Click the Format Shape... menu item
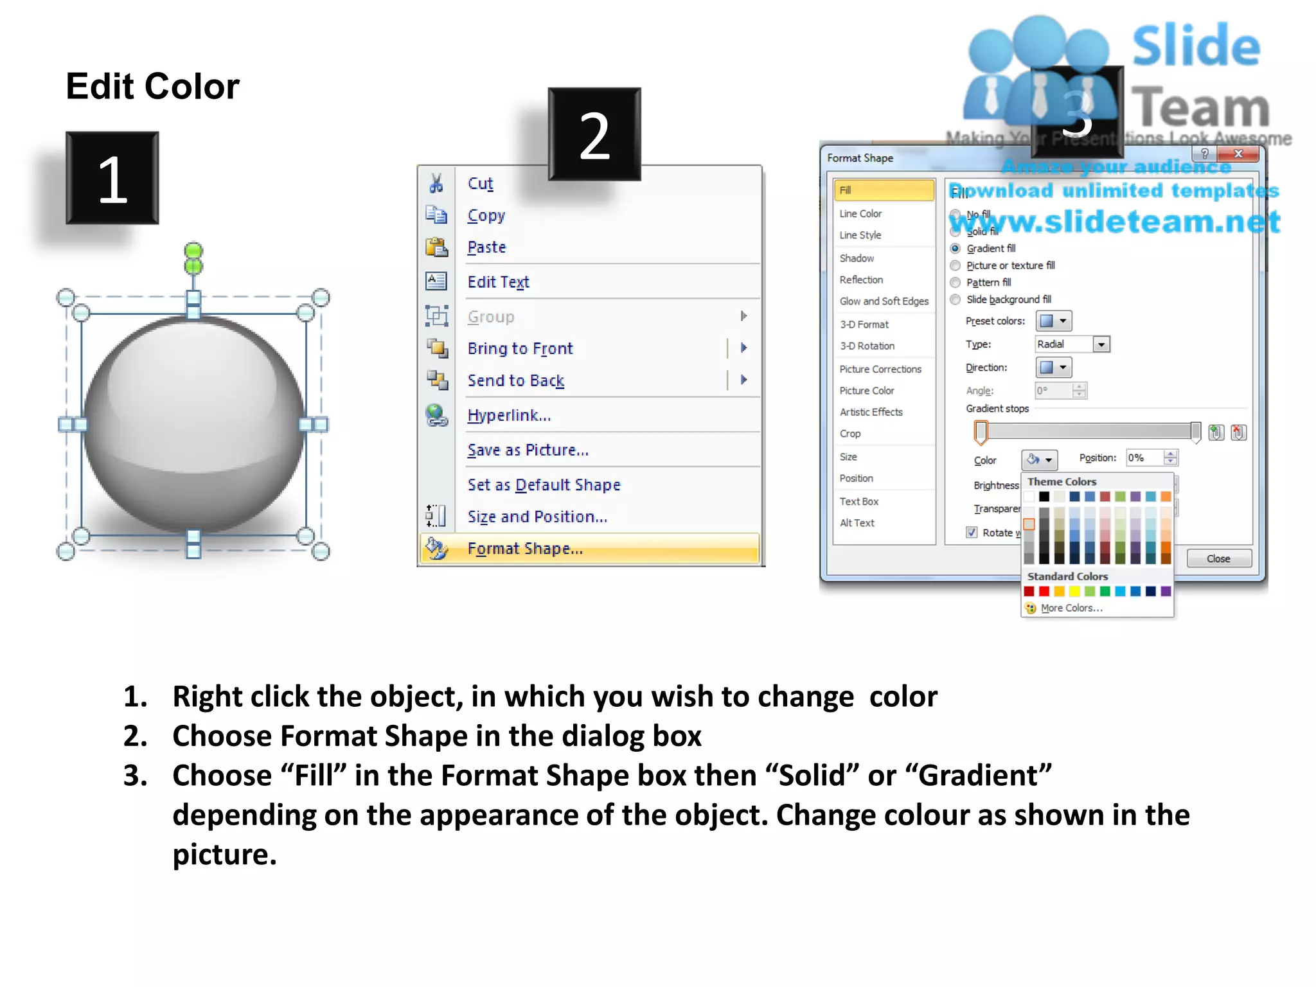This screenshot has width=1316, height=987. point(525,549)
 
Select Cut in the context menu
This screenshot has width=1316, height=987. point(480,184)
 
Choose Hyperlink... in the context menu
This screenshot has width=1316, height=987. point(509,415)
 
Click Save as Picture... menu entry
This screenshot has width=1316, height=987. point(528,450)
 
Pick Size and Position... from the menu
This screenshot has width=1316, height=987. point(537,517)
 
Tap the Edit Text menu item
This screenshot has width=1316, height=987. point(498,282)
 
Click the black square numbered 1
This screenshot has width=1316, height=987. point(112,178)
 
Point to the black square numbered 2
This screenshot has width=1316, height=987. point(594,134)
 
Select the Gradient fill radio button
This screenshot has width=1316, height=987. point(956,249)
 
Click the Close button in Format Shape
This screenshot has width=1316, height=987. point(1218,558)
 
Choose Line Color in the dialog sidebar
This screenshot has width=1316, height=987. point(860,213)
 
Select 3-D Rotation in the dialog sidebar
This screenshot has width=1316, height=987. point(867,346)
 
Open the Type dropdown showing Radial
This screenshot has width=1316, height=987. point(1101,344)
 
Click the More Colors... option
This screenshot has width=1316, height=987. point(1071,608)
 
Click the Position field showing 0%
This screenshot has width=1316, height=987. point(1144,458)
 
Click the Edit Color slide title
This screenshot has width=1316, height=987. point(152,86)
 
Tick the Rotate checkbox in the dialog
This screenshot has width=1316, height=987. point(972,532)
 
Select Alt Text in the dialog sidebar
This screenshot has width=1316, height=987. point(857,523)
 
